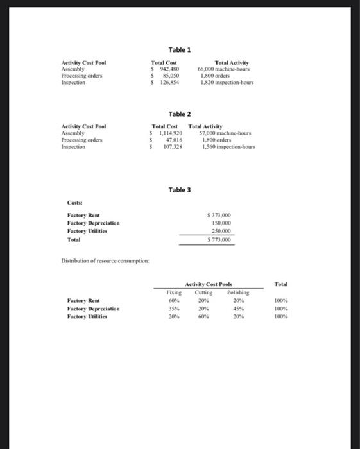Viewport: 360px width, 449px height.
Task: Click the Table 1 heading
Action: pos(180,49)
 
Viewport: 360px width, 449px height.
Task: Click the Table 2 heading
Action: pos(180,114)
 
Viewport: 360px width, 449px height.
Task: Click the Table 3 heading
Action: pos(180,190)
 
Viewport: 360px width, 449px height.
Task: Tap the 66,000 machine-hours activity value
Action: pos(224,69)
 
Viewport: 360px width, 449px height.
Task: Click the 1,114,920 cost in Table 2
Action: pos(169,133)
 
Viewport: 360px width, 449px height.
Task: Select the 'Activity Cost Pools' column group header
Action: pos(209,284)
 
